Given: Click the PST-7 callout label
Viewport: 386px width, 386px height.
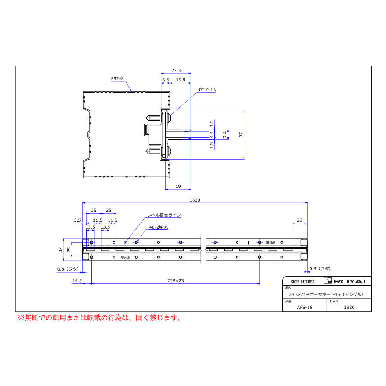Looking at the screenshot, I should [117, 78].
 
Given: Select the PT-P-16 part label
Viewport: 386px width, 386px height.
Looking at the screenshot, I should [208, 90].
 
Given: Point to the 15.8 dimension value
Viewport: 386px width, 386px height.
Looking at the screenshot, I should [181, 80].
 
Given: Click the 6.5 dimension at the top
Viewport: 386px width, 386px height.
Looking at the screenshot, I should [166, 80].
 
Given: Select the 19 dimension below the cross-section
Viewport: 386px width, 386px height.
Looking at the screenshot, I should [178, 186].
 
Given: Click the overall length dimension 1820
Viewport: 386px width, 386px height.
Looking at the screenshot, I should [196, 200].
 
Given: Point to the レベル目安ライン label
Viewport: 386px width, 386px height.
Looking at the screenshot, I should [164, 215].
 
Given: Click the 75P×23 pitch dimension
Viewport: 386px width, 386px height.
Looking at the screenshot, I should [175, 280].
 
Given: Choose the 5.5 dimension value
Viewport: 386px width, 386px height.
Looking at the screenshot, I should [77, 220].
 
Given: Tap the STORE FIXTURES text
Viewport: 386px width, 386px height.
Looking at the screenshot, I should [302, 282].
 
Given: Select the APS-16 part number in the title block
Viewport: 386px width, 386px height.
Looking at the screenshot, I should [305, 307].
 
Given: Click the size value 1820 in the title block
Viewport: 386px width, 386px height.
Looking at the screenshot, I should [349, 307].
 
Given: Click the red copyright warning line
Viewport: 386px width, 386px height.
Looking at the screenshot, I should [99, 318].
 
